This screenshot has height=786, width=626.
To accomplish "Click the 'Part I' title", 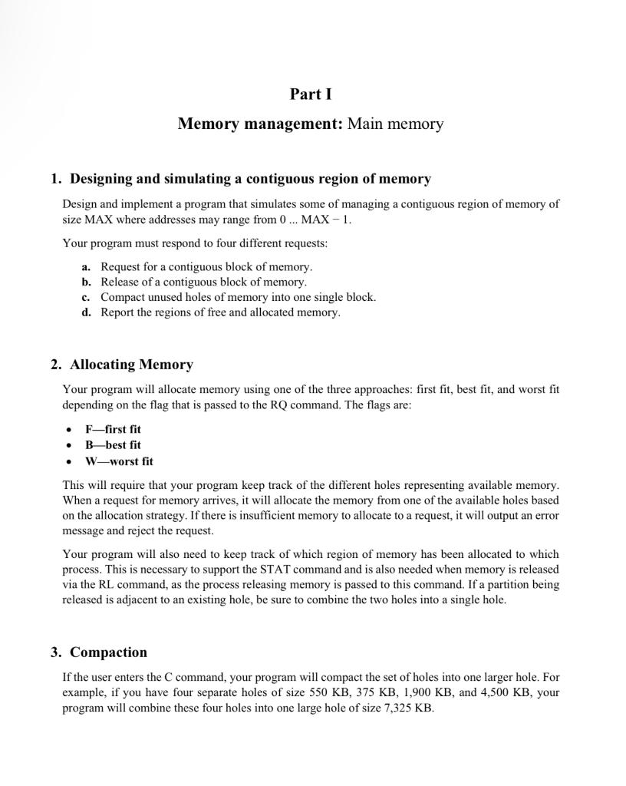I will [311, 94].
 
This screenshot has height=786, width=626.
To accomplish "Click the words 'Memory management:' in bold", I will [260, 124].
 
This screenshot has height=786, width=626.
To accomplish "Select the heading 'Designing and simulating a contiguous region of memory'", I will [250, 179].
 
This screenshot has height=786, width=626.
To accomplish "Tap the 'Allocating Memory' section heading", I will [131, 365].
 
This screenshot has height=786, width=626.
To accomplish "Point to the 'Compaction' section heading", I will [108, 652].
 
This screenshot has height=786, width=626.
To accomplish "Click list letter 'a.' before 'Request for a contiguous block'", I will [87, 267].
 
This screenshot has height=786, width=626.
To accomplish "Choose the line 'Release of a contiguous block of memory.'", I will [203, 282].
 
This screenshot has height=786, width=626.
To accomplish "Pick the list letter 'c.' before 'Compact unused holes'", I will [87, 297].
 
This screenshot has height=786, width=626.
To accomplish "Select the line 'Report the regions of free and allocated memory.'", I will [220, 312].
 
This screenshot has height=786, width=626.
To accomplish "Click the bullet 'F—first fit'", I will [113, 429].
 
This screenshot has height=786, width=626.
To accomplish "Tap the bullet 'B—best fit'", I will [113, 445].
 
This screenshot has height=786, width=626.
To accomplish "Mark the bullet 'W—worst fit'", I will [119, 461].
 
